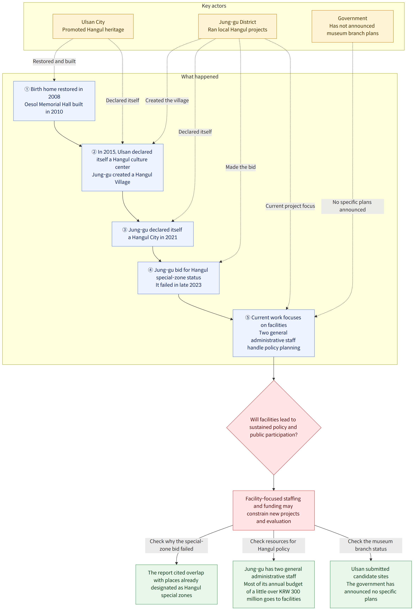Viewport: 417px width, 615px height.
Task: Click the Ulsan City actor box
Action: [x=93, y=26]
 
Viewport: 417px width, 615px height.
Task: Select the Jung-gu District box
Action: [x=237, y=26]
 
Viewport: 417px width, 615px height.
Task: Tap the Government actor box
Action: [x=353, y=26]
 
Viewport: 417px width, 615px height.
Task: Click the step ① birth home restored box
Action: [x=54, y=101]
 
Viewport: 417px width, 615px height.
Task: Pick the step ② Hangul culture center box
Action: [x=122, y=167]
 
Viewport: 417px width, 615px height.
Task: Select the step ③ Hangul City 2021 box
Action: [x=153, y=234]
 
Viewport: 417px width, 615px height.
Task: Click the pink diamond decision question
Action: [x=274, y=427]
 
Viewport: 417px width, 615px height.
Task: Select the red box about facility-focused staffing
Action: [x=274, y=510]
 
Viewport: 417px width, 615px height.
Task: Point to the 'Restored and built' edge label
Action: [x=54, y=61]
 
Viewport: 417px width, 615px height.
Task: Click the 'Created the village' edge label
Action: [x=167, y=101]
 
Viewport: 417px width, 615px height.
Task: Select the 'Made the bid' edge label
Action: [x=241, y=167]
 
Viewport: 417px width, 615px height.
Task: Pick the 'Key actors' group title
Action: [x=214, y=6]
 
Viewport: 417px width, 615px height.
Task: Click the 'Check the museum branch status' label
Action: [x=371, y=545]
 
